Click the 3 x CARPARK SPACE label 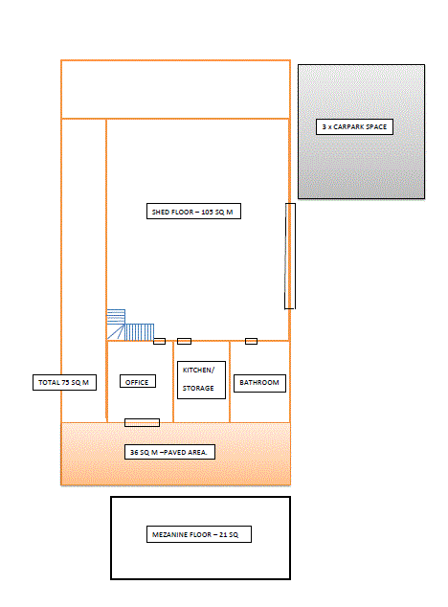pos(355,126)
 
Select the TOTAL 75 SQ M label pos(63,382)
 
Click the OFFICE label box pos(137,382)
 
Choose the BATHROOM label pos(259,382)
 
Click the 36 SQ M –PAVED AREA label pos(171,451)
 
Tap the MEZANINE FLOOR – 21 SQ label pos(200,533)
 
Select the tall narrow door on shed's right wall pos(290,256)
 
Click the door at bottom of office pos(142,421)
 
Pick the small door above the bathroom pos(252,341)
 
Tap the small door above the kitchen pos(184,341)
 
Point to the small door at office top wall pos(159,341)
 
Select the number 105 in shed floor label pos(207,212)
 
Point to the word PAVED pos(178,451)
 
